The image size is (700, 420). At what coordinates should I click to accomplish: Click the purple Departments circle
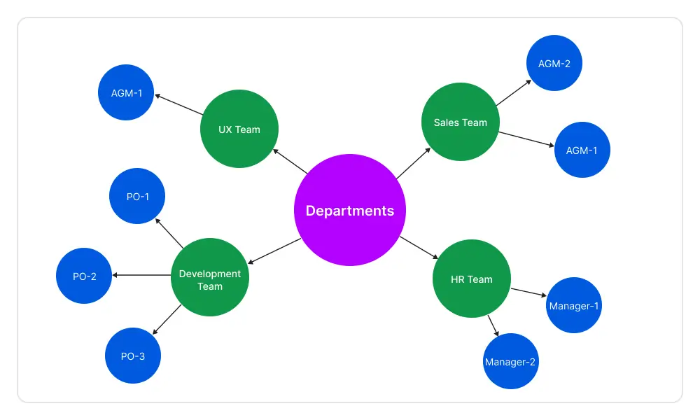coord(350,210)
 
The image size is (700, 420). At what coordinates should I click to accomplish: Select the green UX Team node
coord(239,129)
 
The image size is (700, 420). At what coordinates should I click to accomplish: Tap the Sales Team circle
coord(460,122)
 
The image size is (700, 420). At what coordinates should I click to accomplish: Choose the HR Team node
coord(472,279)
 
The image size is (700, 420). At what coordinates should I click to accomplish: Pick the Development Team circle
coord(210,279)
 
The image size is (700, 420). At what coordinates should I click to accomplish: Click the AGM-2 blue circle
coord(554,64)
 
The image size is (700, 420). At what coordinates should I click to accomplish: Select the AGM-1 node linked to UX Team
coord(127,92)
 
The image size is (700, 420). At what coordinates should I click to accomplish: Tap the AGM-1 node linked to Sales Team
coord(582,150)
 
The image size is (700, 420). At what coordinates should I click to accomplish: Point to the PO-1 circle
coord(138,197)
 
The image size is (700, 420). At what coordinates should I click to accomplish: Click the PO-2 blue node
coord(85,276)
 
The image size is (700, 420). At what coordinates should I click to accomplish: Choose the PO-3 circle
coord(133,356)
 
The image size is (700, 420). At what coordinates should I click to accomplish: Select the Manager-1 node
coord(574,306)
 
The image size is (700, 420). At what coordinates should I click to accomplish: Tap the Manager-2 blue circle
coord(511,362)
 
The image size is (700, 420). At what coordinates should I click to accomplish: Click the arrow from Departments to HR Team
coord(417,248)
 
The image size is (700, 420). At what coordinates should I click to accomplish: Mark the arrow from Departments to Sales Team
coord(414,164)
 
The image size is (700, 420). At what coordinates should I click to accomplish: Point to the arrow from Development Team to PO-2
coord(142,275)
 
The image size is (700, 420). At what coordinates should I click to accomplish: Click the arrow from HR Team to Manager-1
coord(528,293)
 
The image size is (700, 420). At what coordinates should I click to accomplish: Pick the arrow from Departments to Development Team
coord(274,251)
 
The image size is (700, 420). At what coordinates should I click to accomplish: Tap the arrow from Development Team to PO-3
coord(167,320)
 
